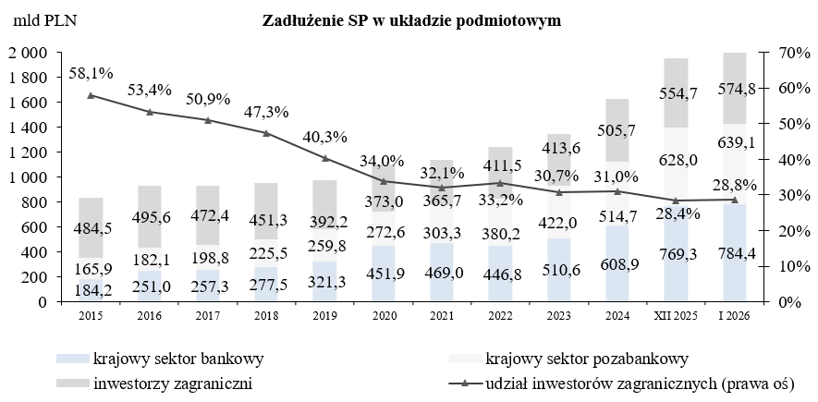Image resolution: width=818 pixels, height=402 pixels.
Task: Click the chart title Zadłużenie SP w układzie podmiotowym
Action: (411, 19)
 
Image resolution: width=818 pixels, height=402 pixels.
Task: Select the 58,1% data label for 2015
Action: (90, 70)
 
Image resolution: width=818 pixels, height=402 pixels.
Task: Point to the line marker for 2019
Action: (325, 158)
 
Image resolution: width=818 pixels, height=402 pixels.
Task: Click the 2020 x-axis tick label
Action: (384, 315)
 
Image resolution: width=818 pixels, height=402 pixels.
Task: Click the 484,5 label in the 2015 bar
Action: (90, 228)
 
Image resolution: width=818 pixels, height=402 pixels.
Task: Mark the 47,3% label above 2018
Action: (266, 112)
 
